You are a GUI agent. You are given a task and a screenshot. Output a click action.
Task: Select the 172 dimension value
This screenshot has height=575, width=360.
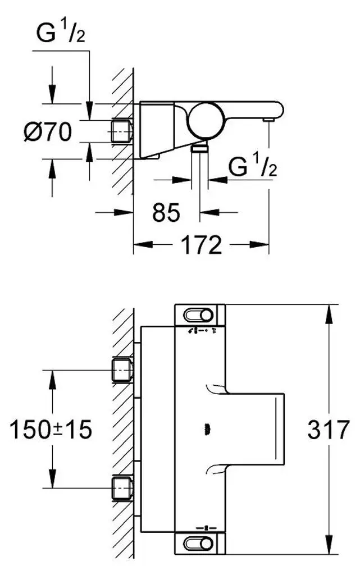coord(202,245)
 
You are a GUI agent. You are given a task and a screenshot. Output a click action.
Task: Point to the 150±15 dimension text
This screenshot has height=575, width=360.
coord(51,430)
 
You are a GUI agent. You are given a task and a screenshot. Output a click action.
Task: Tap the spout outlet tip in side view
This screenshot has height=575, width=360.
coord(268,120)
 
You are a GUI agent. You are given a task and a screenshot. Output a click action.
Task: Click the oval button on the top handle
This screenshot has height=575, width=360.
coord(198,315)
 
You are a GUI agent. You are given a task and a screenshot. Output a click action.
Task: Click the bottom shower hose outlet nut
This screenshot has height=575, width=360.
coord(200,148)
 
